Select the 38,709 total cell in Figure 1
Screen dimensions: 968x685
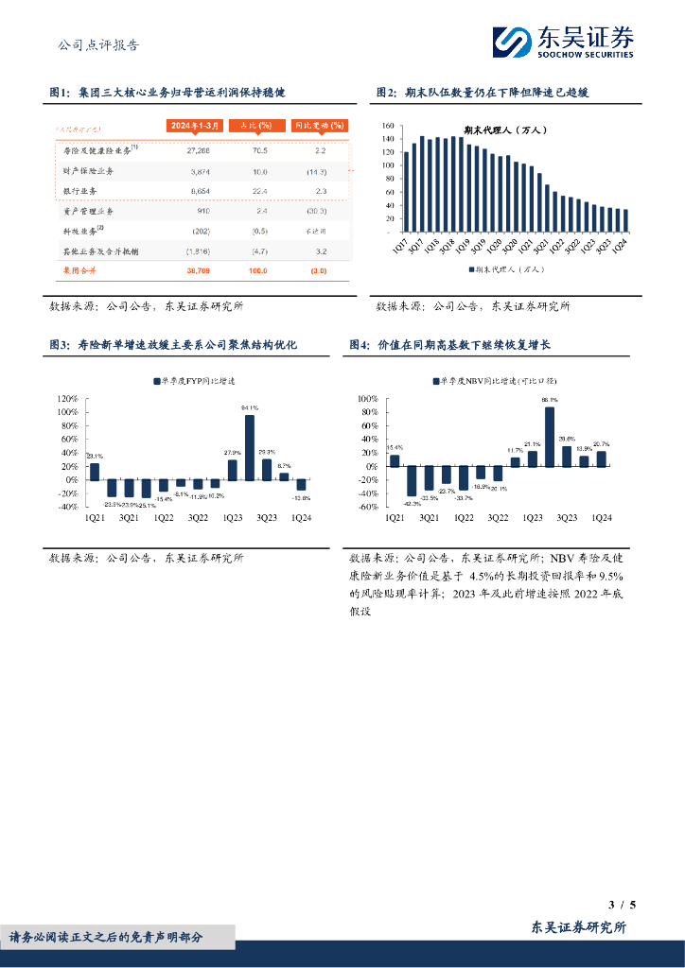pyautogui.click(x=199, y=270)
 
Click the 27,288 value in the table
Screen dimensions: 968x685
pyautogui.click(x=199, y=150)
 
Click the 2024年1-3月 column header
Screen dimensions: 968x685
pyautogui.click(x=197, y=126)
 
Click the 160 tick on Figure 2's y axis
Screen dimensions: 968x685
pyautogui.click(x=388, y=126)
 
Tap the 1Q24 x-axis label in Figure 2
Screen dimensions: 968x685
pyautogui.click(x=623, y=245)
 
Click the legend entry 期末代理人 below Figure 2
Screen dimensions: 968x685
pyautogui.click(x=505, y=269)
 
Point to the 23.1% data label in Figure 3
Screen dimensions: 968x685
pyautogui.click(x=96, y=457)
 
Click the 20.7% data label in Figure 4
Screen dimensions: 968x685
pyautogui.click(x=602, y=444)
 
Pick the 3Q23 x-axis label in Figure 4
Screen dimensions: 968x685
pyautogui.click(x=567, y=518)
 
